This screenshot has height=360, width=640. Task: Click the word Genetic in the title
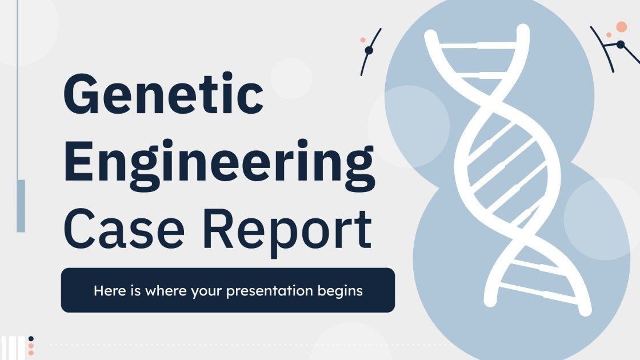[x=163, y=94]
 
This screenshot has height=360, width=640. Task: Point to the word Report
[x=287, y=233]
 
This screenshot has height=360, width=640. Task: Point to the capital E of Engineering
[x=79, y=161]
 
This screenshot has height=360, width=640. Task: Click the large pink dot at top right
[x=621, y=27]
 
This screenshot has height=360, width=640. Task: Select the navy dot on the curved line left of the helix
[x=369, y=50]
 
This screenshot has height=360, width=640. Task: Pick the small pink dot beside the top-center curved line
[x=362, y=39]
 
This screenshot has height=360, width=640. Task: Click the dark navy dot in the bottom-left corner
[x=31, y=339]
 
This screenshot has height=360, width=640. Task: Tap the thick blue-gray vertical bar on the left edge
[x=21, y=206]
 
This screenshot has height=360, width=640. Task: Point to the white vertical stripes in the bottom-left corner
[x=13, y=348]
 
